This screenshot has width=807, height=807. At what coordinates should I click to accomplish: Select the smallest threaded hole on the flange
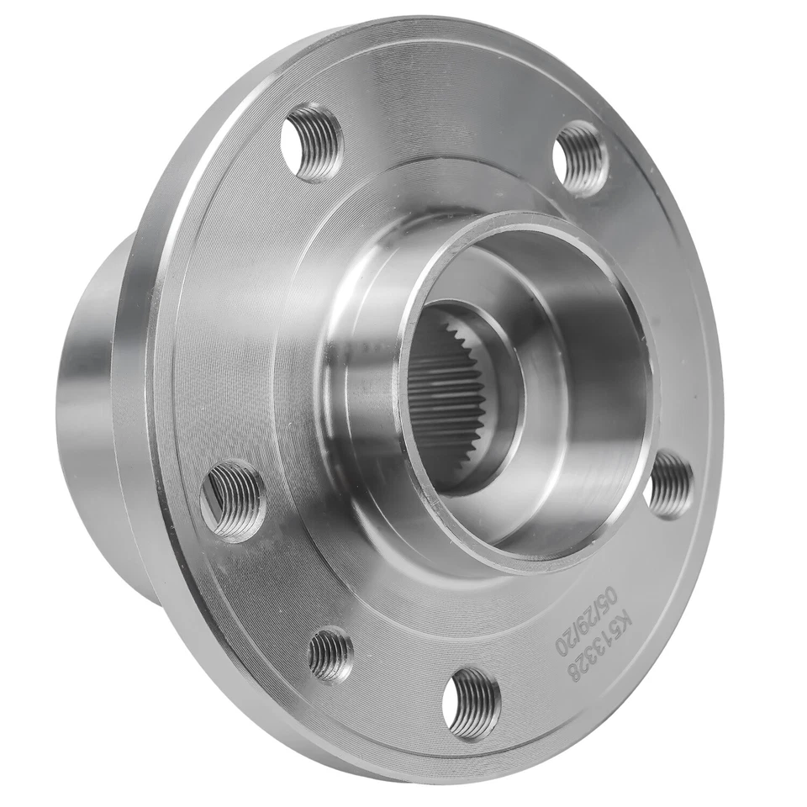click(x=330, y=654)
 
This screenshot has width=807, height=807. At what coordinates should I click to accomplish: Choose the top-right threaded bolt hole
click(x=581, y=158)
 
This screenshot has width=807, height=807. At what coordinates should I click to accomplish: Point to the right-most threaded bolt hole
click(x=672, y=483)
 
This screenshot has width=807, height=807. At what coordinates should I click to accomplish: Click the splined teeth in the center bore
click(x=458, y=395)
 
